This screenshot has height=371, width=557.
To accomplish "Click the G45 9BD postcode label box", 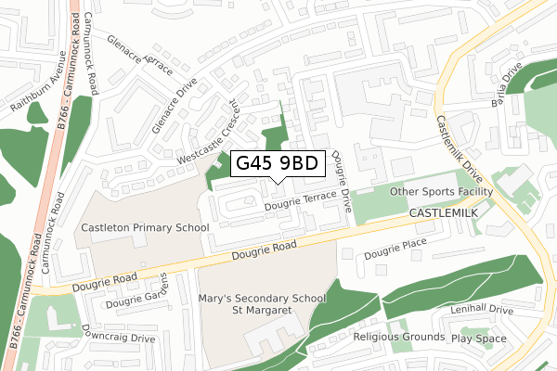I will (x=278, y=163).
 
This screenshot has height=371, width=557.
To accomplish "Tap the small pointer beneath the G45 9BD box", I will (x=278, y=181).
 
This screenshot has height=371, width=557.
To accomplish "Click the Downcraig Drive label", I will (x=118, y=334).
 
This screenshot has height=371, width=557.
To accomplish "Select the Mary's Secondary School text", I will (x=263, y=299).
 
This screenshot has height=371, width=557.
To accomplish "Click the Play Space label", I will (x=479, y=339).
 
